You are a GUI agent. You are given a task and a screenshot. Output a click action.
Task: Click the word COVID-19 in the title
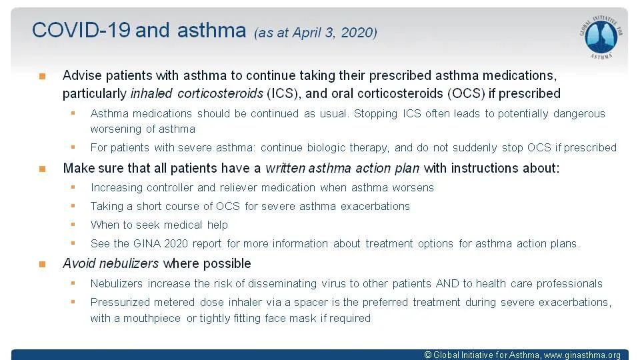coord(81,30)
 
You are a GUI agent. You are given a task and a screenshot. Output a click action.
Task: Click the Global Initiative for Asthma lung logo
coord(601,37)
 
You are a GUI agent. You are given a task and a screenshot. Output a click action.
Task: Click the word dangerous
coord(579,113)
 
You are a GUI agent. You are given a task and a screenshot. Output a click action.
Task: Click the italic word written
coord(285,168)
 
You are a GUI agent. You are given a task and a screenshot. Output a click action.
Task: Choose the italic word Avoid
coord(79,263)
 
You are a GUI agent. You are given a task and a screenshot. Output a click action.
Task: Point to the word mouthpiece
coord(152,319)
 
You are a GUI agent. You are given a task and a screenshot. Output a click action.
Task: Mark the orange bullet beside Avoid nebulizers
coord(43,264)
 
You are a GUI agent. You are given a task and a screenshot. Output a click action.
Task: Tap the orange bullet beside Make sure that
coord(43,169)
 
